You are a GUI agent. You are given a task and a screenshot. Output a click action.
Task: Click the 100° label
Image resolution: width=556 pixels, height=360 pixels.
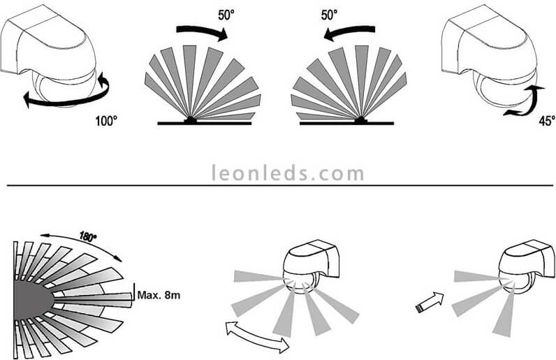107,120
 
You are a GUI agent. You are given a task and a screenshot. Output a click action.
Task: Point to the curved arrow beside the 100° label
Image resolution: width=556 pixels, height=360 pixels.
66,97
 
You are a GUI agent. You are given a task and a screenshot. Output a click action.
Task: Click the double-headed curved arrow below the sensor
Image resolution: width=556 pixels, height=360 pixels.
259,338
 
